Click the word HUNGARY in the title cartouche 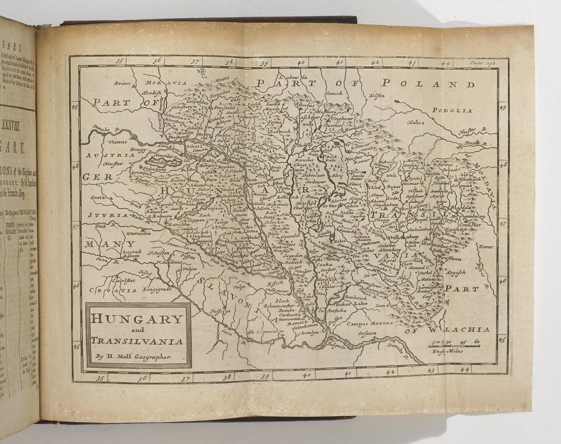[x=137, y=319]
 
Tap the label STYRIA [x=107, y=215]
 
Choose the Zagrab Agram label [x=124, y=253]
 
